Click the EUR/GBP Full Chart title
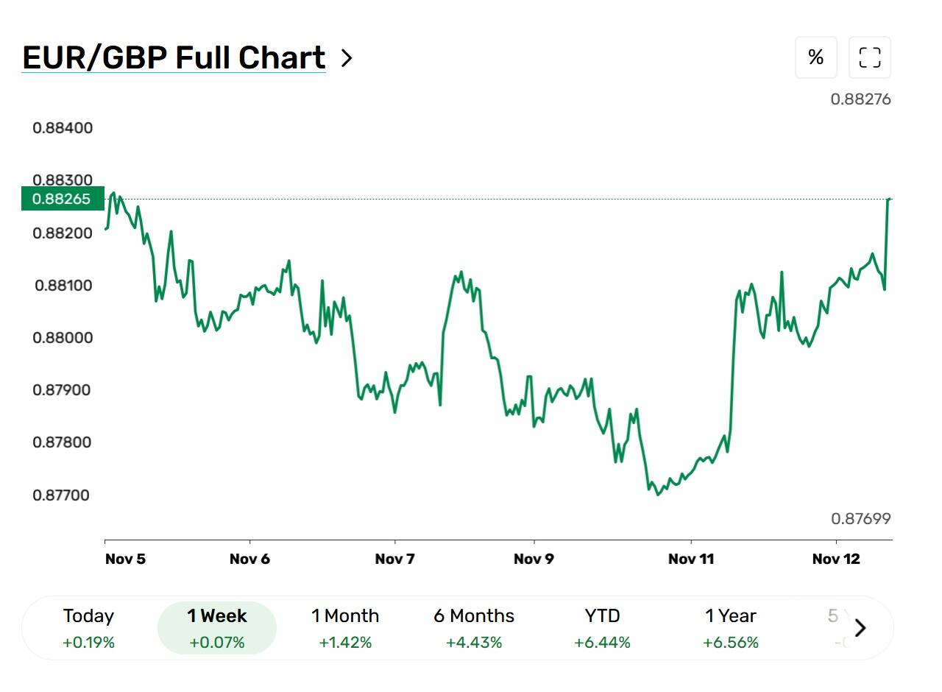[174, 57]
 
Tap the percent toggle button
[816, 57]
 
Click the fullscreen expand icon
[870, 57]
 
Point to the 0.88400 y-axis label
[63, 128]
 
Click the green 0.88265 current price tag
[63, 199]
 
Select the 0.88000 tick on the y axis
[63, 338]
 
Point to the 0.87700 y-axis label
[61, 495]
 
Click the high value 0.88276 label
[860, 99]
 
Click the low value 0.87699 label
[861, 519]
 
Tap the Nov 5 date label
[125, 559]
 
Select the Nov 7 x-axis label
[395, 559]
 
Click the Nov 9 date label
[534, 559]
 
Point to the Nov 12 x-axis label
[836, 559]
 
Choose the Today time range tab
[89, 629]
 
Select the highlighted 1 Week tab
[217, 628]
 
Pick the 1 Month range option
[345, 629]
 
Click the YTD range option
[602, 629]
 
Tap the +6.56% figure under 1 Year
[731, 643]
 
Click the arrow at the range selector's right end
[860, 628]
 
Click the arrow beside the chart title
[347, 58]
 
